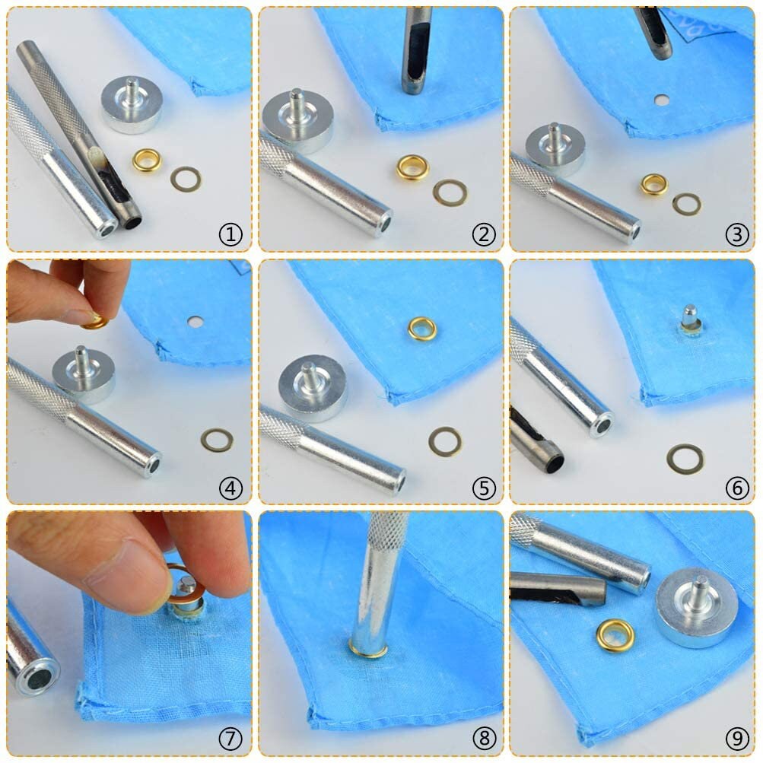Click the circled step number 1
(x=230, y=235)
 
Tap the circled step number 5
(x=483, y=488)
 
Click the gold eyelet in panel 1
(x=147, y=160)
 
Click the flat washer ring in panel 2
(x=450, y=192)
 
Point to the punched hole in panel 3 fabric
(x=662, y=100)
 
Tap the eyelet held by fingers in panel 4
(x=97, y=322)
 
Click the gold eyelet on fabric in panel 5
(x=422, y=329)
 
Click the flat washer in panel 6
(x=685, y=459)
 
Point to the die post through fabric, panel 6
(x=690, y=318)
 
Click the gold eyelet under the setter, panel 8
(x=367, y=650)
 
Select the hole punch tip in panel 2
(x=413, y=79)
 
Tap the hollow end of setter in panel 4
(x=153, y=463)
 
